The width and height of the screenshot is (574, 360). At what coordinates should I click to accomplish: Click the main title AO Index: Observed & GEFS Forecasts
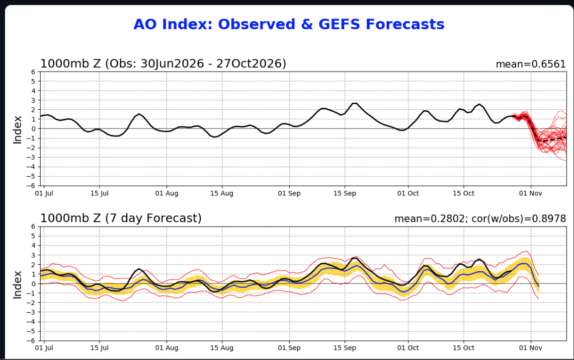click(x=289, y=25)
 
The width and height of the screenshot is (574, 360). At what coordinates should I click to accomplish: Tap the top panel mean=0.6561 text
click(x=530, y=64)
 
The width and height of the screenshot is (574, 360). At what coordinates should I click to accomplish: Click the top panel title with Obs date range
click(x=163, y=64)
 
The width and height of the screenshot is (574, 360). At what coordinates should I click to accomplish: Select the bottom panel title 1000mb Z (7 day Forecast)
click(x=121, y=219)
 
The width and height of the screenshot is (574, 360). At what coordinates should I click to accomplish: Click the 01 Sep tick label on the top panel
click(x=289, y=193)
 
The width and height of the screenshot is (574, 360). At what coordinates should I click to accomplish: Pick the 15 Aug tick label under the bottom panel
click(x=222, y=348)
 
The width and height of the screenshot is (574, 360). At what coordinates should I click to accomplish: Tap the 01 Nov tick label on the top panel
click(x=530, y=193)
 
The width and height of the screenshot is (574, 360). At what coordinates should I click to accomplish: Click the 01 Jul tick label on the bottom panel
click(x=44, y=348)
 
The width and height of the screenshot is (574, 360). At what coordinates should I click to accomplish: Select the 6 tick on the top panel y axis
click(x=33, y=72)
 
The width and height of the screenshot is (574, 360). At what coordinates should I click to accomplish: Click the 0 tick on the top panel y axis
click(x=33, y=129)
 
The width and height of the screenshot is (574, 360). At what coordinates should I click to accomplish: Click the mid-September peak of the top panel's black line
click(x=354, y=103)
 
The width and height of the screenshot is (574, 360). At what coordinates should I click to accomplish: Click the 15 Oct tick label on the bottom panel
click(x=463, y=348)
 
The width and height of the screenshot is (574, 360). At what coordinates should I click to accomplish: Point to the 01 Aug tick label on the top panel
click(x=167, y=193)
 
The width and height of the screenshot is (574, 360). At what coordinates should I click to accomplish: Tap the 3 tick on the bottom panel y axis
click(x=33, y=255)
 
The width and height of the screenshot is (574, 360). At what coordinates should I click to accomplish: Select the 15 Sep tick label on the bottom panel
click(x=345, y=348)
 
